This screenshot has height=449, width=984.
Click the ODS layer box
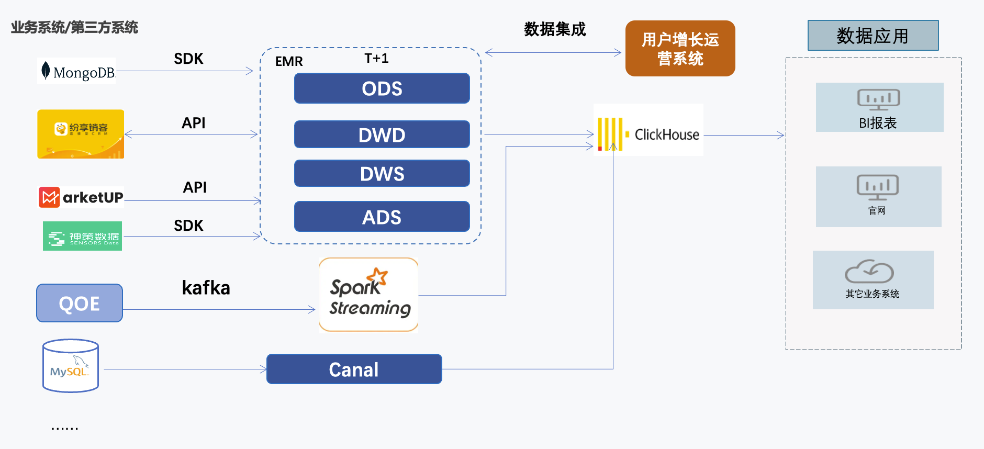(382, 88)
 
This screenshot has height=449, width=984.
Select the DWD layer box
(382, 134)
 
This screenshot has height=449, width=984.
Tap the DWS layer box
(382, 173)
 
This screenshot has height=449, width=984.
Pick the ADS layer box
(382, 217)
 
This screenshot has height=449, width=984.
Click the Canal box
(354, 369)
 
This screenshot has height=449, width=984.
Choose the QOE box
(80, 303)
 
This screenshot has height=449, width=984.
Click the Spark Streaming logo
(368, 295)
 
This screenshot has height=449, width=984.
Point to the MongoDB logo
(77, 71)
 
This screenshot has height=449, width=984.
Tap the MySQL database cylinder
(71, 366)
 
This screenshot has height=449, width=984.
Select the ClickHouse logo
(648, 134)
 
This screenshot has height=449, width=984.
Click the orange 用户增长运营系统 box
(680, 49)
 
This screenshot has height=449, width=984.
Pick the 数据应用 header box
(873, 36)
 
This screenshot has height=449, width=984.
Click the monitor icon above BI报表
(878, 99)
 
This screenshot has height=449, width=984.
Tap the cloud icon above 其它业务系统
(869, 271)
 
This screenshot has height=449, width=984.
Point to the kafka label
(206, 288)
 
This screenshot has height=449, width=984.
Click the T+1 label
(376, 58)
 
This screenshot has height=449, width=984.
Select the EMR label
(289, 61)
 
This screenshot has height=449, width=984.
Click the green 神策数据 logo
(82, 236)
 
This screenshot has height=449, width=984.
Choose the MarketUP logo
(81, 197)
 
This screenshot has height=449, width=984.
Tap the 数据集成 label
(555, 29)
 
